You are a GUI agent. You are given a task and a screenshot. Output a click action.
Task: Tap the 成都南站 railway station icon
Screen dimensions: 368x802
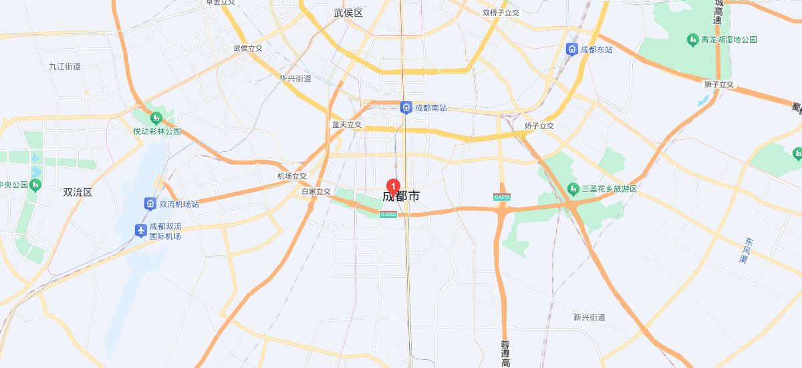tap(406, 108)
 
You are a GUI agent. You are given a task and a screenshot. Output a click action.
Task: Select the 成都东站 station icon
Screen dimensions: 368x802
tap(571, 49)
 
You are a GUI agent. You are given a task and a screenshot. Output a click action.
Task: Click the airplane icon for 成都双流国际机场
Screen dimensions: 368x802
tap(140, 231)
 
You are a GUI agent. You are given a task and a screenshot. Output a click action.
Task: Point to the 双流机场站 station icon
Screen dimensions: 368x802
tap(150, 203)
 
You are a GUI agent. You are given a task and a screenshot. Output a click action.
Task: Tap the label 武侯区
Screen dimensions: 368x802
tap(348, 13)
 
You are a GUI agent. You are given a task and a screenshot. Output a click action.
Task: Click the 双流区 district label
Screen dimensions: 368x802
tap(78, 192)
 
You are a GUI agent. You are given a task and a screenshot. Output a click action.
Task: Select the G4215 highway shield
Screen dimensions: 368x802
tap(502, 197)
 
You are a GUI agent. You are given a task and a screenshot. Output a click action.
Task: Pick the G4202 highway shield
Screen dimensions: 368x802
tap(388, 214)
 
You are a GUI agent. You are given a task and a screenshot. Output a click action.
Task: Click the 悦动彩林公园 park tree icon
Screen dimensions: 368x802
tap(156, 118)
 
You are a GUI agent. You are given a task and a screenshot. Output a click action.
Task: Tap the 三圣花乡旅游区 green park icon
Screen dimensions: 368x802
tap(573, 189)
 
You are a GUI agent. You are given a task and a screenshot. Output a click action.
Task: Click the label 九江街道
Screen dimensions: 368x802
tap(65, 66)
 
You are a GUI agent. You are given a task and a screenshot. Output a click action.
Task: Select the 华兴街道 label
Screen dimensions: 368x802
tap(295, 78)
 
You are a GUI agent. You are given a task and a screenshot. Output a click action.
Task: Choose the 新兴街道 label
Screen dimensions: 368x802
tap(589, 317)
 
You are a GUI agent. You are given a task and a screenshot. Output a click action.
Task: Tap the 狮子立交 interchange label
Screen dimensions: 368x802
tap(719, 84)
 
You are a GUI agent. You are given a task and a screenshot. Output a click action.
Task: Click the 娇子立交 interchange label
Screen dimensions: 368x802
tap(539, 126)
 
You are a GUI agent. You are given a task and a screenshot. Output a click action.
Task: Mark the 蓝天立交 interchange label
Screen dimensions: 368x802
tap(347, 125)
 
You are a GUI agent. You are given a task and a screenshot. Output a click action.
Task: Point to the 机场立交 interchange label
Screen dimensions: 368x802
tap(292, 176)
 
